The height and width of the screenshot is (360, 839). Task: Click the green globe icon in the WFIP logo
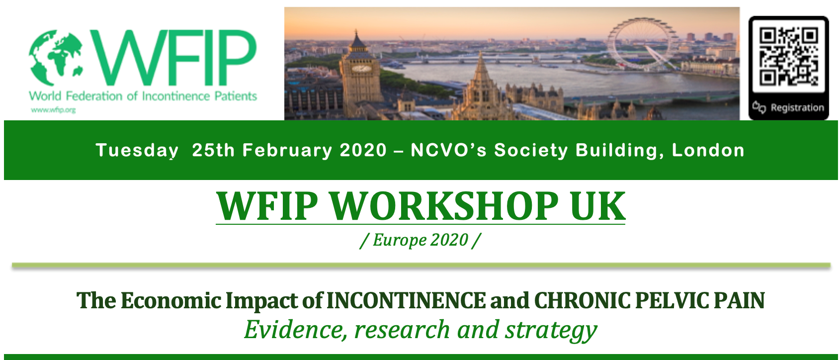[56, 58]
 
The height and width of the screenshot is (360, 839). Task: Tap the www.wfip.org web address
[53, 110]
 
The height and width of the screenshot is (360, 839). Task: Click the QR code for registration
[788, 56]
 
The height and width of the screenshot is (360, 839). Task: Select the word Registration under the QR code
[797, 108]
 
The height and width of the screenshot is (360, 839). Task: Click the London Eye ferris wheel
[642, 44]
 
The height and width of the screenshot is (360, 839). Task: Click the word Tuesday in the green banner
[137, 151]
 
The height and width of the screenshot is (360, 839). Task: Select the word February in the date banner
[287, 151]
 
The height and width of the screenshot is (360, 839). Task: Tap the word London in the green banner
[708, 150]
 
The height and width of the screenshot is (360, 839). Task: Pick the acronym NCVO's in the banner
[448, 150]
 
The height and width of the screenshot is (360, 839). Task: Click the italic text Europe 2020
[420, 240]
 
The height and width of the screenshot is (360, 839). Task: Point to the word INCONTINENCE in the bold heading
[406, 300]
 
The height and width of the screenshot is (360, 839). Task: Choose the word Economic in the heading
[170, 300]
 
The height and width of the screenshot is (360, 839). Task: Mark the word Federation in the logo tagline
[94, 96]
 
